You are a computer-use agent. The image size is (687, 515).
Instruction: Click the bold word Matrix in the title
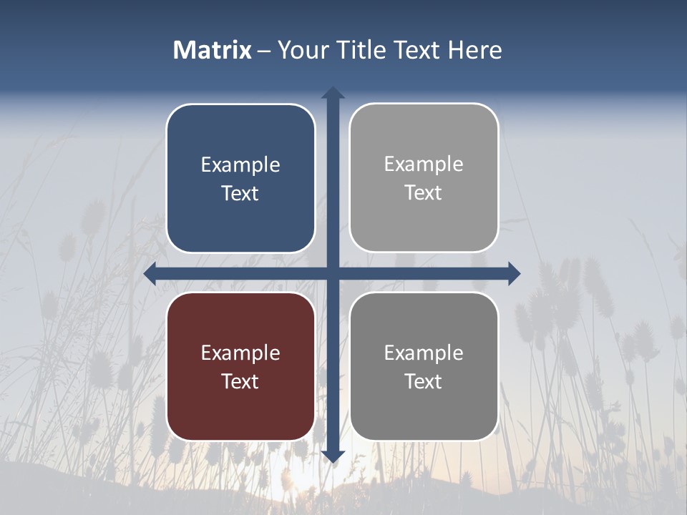click(212, 50)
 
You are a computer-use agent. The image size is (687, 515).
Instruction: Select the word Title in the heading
click(355, 50)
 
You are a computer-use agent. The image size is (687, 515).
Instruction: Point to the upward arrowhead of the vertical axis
click(333, 94)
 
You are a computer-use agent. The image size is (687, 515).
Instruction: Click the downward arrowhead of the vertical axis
click(333, 456)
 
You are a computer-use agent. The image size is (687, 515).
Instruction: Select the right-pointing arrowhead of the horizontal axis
click(513, 273)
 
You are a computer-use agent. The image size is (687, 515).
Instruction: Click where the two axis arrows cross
click(333, 273)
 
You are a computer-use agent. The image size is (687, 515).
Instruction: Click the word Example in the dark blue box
click(240, 165)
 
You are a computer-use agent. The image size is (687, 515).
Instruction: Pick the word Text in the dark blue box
click(240, 194)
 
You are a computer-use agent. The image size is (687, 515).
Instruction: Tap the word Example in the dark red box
click(240, 353)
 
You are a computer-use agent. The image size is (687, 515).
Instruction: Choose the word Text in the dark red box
click(240, 382)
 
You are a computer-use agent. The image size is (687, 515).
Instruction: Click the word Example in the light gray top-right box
click(424, 165)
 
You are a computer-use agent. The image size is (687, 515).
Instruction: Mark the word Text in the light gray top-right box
click(424, 193)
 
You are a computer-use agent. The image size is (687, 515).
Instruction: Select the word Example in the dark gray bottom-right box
click(424, 353)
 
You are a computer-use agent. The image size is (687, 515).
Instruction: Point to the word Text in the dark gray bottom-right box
click(424, 382)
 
